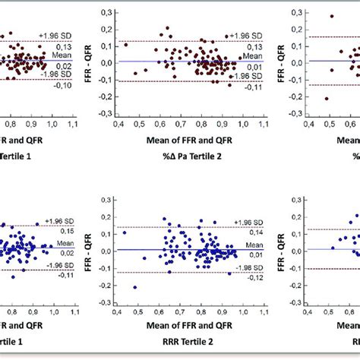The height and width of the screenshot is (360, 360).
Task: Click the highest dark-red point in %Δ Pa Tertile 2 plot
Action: click(x=166, y=27)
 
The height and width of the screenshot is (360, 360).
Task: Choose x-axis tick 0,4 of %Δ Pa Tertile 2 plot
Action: click(x=117, y=121)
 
